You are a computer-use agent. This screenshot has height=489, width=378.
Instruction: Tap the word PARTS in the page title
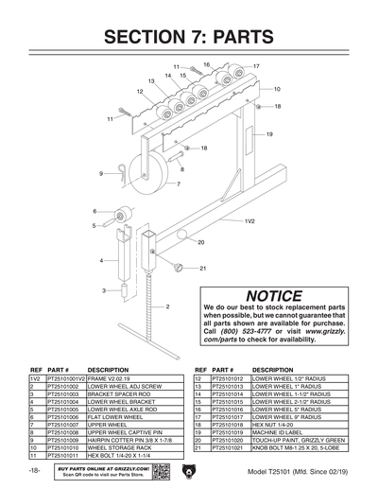tap(241, 37)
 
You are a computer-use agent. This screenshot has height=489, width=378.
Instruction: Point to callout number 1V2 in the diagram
tap(250, 220)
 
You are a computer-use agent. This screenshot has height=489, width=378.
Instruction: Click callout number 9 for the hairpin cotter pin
tap(99, 174)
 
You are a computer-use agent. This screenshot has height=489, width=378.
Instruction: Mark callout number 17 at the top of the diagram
tap(256, 66)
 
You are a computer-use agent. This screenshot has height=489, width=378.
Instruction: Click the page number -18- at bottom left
tap(34, 470)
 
